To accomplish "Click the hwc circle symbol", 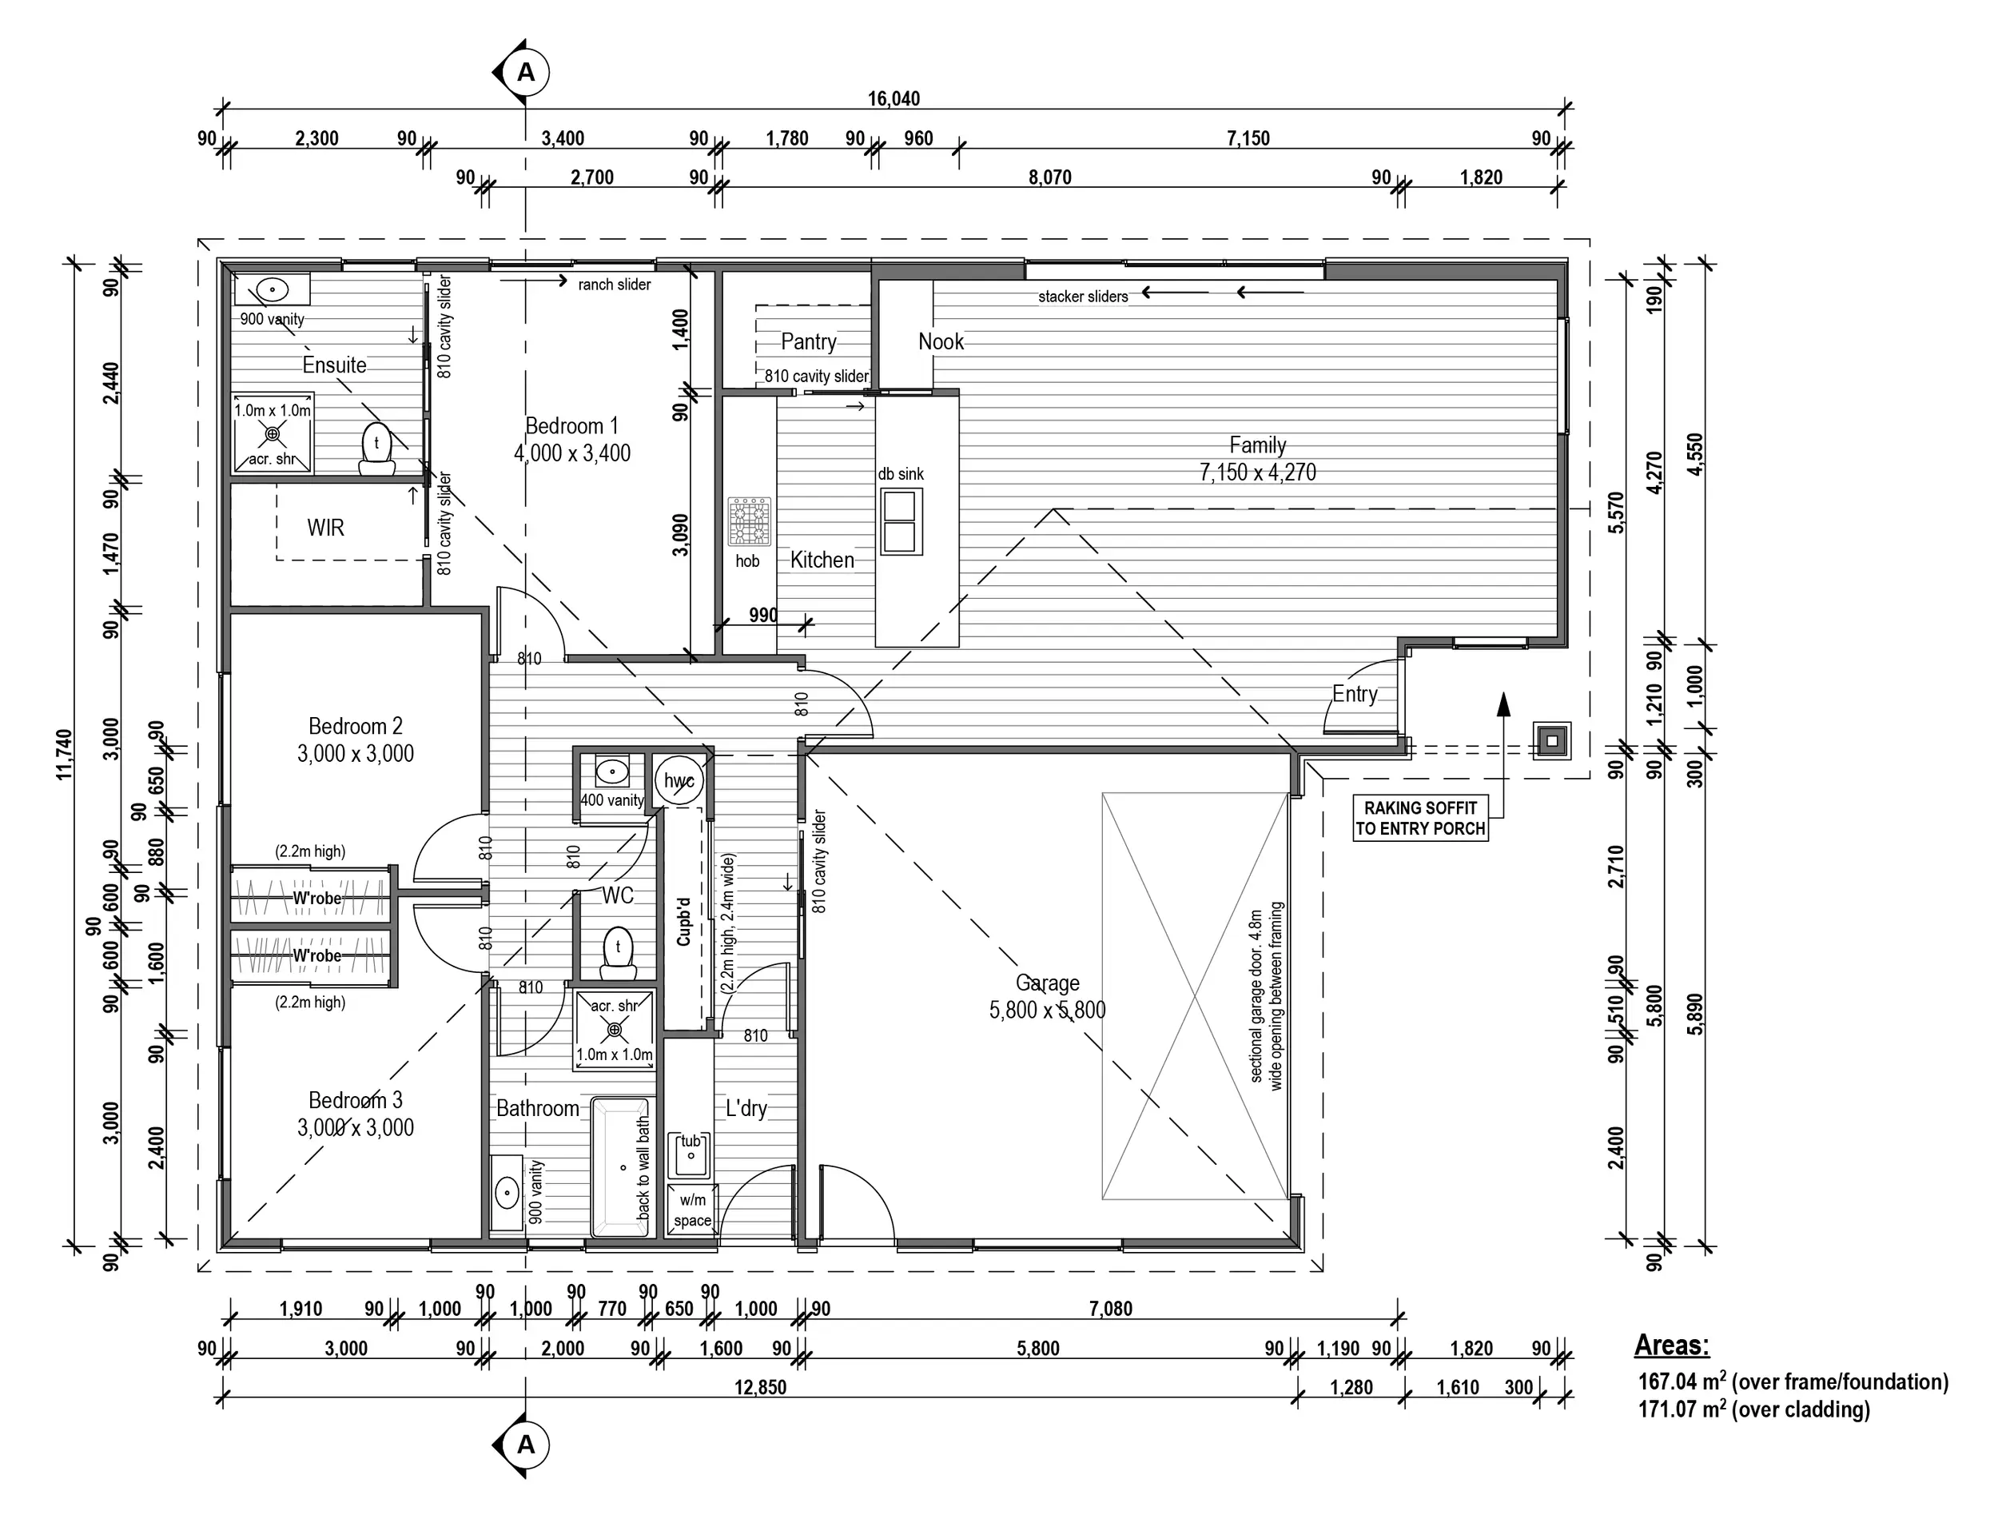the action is point(679,780).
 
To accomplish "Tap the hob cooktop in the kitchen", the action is point(749,521).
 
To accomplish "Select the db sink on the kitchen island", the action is point(901,521).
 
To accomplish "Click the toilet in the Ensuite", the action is point(376,449).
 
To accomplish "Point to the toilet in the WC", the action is point(618,951).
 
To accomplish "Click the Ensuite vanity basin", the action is point(272,290).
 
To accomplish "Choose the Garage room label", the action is point(1047,995).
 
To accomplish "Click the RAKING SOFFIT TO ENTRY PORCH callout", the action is point(1421,819).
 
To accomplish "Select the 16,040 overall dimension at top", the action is point(894,98).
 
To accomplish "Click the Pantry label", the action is point(809,341).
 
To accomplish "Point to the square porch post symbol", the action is point(1552,742).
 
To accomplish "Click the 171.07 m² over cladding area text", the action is point(1754,1409).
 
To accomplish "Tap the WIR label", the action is point(325,528).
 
